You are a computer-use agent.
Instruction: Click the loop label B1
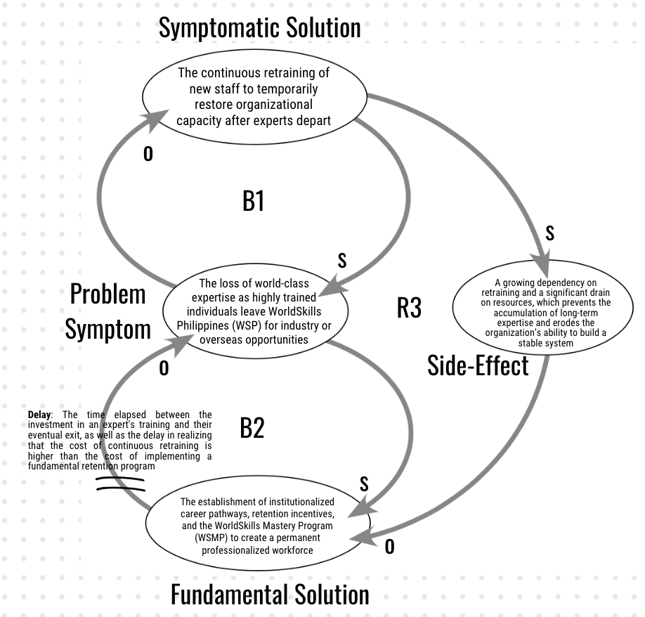(253, 201)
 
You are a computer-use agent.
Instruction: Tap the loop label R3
(409, 307)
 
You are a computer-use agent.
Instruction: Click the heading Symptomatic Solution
(259, 28)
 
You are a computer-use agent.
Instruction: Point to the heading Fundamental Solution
(270, 595)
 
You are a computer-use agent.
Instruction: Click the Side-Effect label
(478, 365)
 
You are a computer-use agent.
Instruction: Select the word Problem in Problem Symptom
(107, 294)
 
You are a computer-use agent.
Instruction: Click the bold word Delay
(39, 415)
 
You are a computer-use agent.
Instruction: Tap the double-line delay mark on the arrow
(120, 483)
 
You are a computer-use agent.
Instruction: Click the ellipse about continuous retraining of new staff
(254, 96)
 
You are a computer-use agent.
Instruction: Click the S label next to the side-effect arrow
(549, 233)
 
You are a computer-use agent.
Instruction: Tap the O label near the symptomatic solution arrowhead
(148, 154)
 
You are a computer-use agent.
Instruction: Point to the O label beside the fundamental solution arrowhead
(389, 546)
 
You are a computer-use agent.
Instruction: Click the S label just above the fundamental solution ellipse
(364, 483)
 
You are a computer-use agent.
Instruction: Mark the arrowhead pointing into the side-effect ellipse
(545, 268)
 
